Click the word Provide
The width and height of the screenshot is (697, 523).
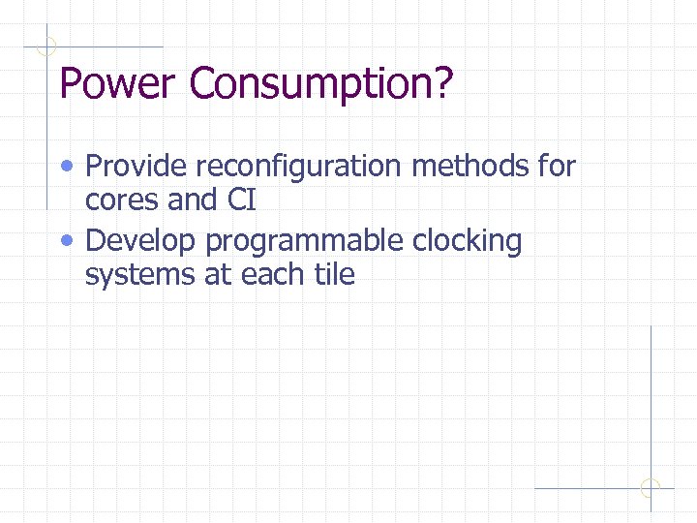pos(136,167)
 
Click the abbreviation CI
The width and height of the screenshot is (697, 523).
pos(241,200)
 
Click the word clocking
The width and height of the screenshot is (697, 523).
pos(468,241)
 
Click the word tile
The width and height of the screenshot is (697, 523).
pos(334,275)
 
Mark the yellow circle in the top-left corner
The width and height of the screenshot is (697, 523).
pos(46,46)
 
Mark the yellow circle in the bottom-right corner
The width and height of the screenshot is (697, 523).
pos(651,488)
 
